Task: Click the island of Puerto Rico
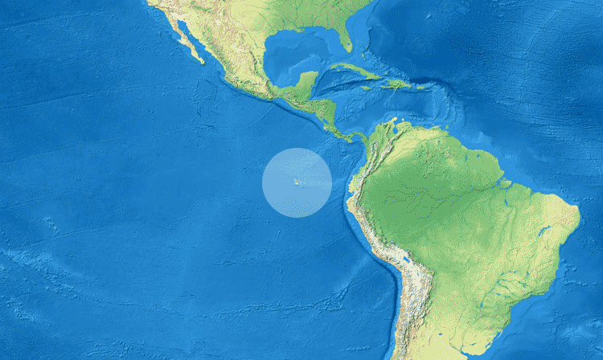click(x=420, y=86)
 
